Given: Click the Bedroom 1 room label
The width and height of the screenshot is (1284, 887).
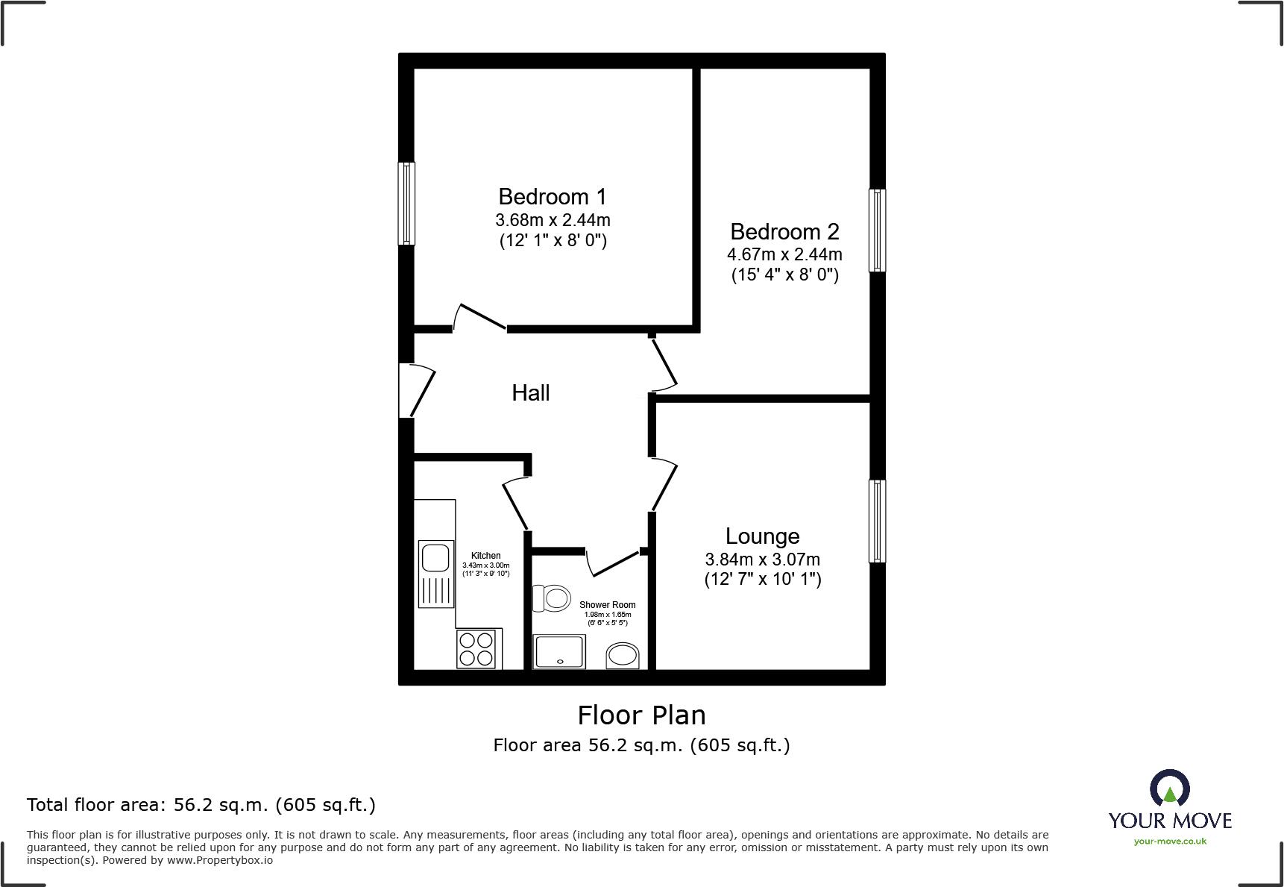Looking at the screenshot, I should (x=552, y=197).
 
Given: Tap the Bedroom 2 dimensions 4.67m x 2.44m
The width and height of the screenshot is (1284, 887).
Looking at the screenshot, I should (x=784, y=254).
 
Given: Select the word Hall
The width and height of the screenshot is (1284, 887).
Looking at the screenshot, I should (x=530, y=393).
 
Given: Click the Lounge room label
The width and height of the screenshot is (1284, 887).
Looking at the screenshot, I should (x=762, y=536).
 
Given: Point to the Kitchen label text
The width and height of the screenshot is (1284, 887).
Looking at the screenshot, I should (x=485, y=556).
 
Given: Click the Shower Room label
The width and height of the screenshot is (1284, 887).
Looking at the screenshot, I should (x=607, y=605).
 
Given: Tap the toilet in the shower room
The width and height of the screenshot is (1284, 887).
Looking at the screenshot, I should (x=551, y=598).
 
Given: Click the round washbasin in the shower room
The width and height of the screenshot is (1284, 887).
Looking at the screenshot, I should (x=622, y=656).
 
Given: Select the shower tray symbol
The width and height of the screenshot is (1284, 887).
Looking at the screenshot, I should (x=560, y=651).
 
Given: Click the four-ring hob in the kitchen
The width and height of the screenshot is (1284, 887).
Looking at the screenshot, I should (x=476, y=649).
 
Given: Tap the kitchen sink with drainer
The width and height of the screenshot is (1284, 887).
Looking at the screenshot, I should (x=435, y=572).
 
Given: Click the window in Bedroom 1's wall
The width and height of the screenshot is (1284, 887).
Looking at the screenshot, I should (x=406, y=204).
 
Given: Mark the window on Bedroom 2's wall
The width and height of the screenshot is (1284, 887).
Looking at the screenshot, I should (x=878, y=230).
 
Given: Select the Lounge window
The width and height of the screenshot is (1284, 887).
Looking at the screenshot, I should (x=878, y=521).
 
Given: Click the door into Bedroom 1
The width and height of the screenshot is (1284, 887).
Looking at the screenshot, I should (x=480, y=317).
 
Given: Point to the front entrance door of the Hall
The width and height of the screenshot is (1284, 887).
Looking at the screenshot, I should (x=418, y=390).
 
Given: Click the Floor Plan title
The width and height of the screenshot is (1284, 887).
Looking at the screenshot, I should (x=641, y=715).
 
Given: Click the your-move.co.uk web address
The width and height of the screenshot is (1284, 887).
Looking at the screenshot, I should (x=1169, y=841).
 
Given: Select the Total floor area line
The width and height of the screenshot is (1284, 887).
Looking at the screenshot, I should (x=201, y=805).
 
